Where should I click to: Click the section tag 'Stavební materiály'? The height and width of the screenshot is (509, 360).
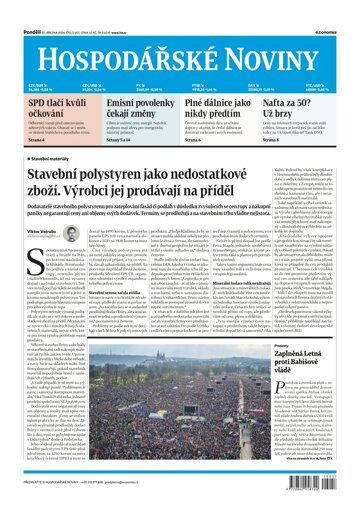point(59,158)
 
